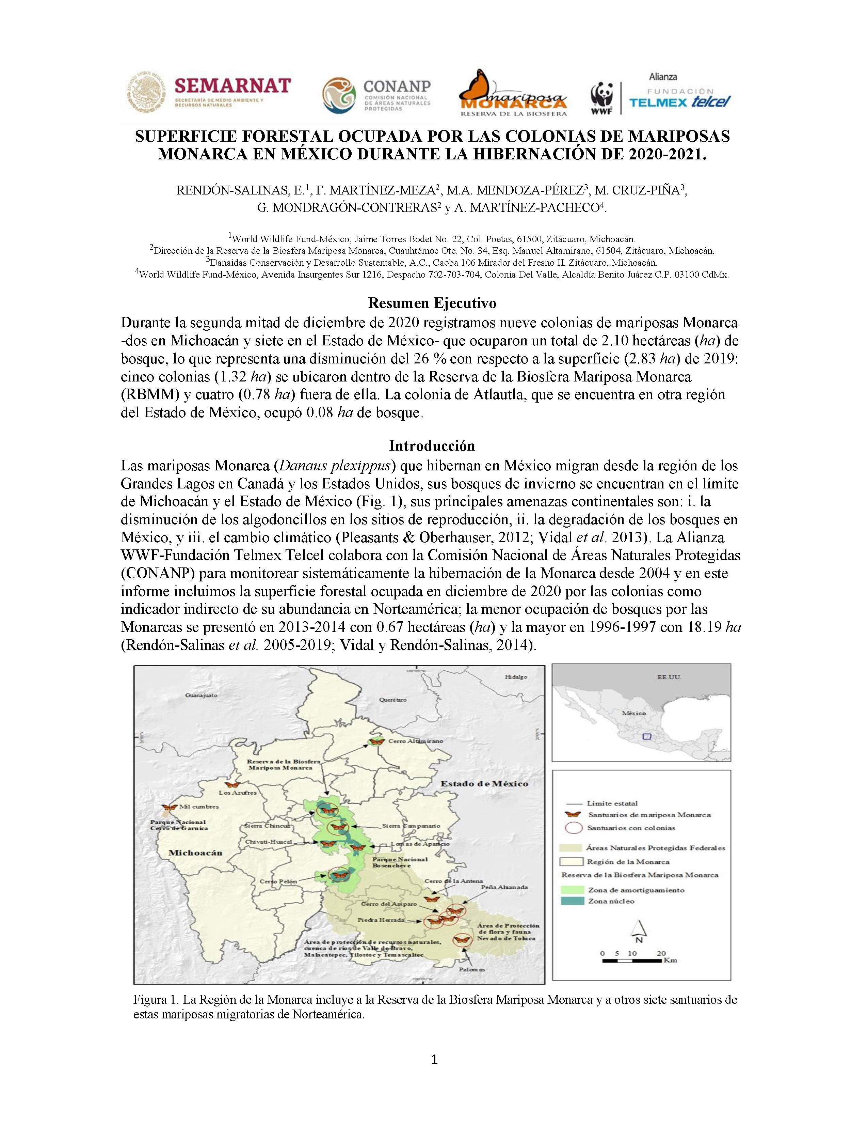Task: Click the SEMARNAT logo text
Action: pos(232,85)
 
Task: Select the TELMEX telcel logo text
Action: pos(680,102)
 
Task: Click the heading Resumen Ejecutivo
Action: pos(432,303)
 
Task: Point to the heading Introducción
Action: pos(432,446)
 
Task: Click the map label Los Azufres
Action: pos(238,793)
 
